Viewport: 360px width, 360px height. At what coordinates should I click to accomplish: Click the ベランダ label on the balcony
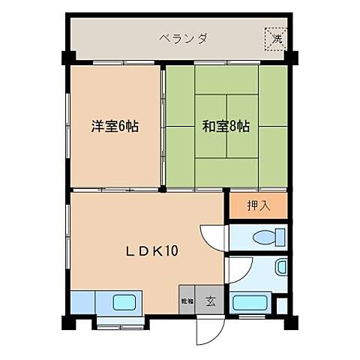(183, 37)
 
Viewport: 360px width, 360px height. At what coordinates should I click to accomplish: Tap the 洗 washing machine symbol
(276, 37)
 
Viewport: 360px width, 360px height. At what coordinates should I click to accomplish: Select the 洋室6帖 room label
(114, 126)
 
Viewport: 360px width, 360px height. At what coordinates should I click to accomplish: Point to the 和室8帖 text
(225, 126)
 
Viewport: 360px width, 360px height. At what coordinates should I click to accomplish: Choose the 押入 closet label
(257, 205)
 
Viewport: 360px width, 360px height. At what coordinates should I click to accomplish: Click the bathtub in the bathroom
(250, 303)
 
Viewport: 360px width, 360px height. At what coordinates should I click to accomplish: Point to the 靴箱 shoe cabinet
(187, 301)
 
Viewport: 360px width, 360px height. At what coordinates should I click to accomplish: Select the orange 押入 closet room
(257, 205)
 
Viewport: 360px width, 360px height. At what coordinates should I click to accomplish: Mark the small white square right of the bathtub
(281, 305)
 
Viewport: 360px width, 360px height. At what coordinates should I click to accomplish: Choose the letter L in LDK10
(127, 251)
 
